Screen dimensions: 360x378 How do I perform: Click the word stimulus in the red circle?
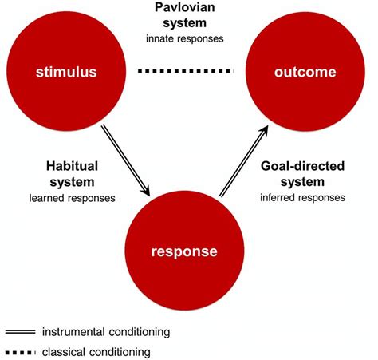point(67,73)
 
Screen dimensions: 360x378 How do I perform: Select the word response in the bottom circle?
point(185,251)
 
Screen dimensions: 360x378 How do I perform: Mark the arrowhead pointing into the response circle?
point(145,192)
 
